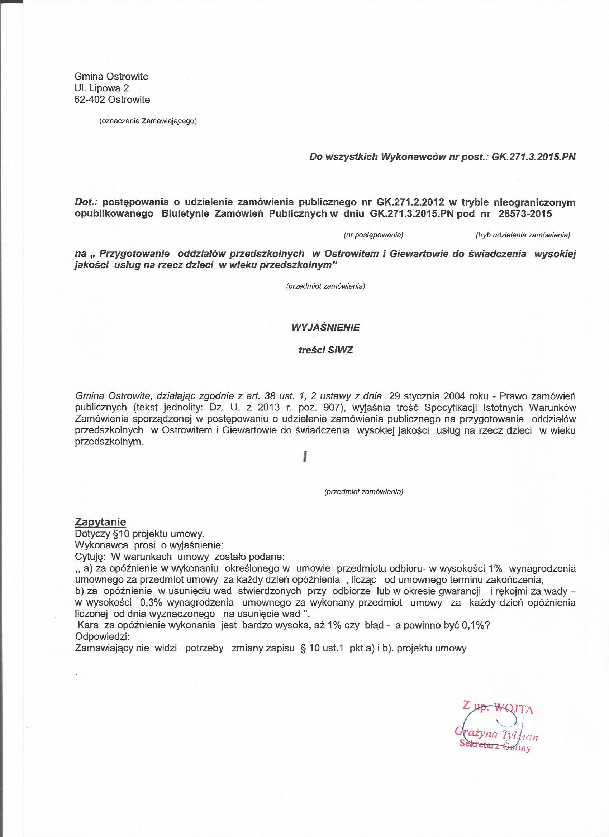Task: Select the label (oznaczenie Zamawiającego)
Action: click(x=148, y=121)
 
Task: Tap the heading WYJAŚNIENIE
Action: click(x=325, y=327)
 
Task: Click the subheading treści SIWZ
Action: click(x=325, y=350)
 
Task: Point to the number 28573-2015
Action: click(x=525, y=214)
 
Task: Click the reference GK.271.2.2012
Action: click(x=410, y=202)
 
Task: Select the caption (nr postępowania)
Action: click(x=373, y=235)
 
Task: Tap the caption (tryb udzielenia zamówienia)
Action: click(x=523, y=235)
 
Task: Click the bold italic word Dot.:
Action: click(x=86, y=202)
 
